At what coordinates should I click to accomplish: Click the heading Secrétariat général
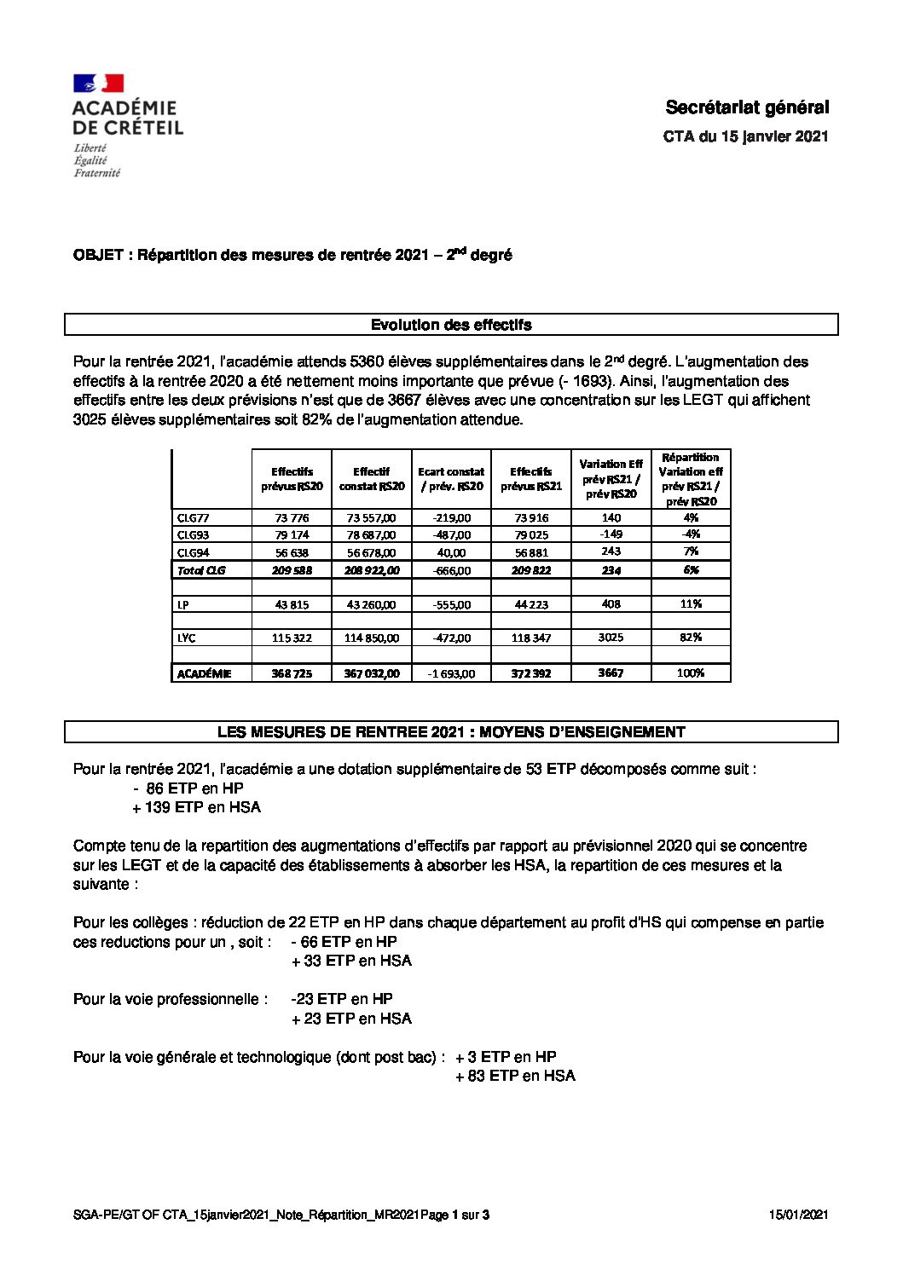click(x=746, y=107)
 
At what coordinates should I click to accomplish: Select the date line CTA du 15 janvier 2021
click(x=745, y=136)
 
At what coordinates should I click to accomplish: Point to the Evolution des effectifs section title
click(x=451, y=325)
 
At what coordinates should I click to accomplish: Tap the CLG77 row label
click(x=193, y=517)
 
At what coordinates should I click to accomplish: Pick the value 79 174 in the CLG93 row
click(x=292, y=535)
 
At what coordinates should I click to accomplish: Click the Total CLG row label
click(x=201, y=570)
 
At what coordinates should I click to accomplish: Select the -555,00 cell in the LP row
click(x=451, y=604)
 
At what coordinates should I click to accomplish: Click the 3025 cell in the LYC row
click(x=611, y=638)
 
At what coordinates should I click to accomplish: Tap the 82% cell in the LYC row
click(x=691, y=638)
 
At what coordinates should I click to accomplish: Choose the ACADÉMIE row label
click(x=204, y=673)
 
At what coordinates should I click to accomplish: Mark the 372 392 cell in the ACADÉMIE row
click(x=531, y=673)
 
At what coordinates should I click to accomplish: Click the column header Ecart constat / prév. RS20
click(x=451, y=479)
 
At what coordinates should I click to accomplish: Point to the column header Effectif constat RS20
click(x=372, y=479)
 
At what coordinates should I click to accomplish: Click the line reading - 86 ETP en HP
click(x=188, y=788)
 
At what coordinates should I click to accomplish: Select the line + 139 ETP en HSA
click(x=196, y=807)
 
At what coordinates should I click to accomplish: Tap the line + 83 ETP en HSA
click(x=515, y=1076)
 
